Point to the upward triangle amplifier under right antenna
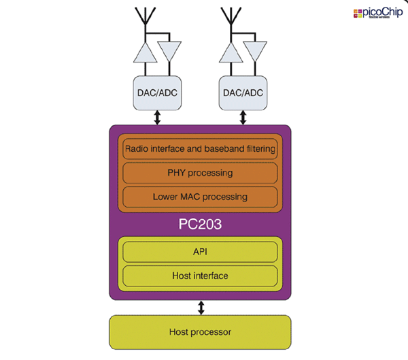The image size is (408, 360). pyautogui.click(x=233, y=53)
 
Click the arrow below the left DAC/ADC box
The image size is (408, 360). pyautogui.click(x=158, y=117)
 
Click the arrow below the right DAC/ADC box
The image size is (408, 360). pyautogui.click(x=243, y=117)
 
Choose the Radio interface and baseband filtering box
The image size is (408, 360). pyautogui.click(x=200, y=148)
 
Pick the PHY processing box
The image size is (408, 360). pyautogui.click(x=200, y=172)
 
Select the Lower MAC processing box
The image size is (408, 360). pyautogui.click(x=200, y=197)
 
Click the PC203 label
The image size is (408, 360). pyautogui.click(x=200, y=223)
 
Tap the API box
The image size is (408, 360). pyautogui.click(x=200, y=252)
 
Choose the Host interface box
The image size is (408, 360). pyautogui.click(x=200, y=276)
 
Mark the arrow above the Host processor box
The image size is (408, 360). pyautogui.click(x=201, y=308)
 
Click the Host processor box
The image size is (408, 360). pyautogui.click(x=200, y=332)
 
